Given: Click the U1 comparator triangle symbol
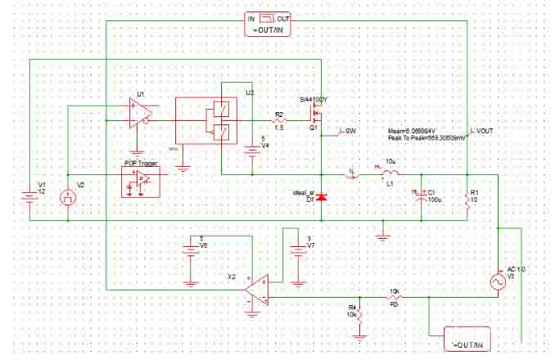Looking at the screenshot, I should pyautogui.click(x=136, y=112).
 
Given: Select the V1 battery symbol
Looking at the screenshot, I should pyautogui.click(x=31, y=197).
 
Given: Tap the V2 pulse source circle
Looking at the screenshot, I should pyautogui.click(x=69, y=197).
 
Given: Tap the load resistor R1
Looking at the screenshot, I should pyautogui.click(x=466, y=198).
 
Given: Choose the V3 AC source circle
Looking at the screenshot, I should pyautogui.click(x=498, y=281).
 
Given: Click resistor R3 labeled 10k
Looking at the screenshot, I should pyautogui.click(x=394, y=297).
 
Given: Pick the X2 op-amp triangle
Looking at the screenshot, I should pyautogui.click(x=256, y=290).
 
